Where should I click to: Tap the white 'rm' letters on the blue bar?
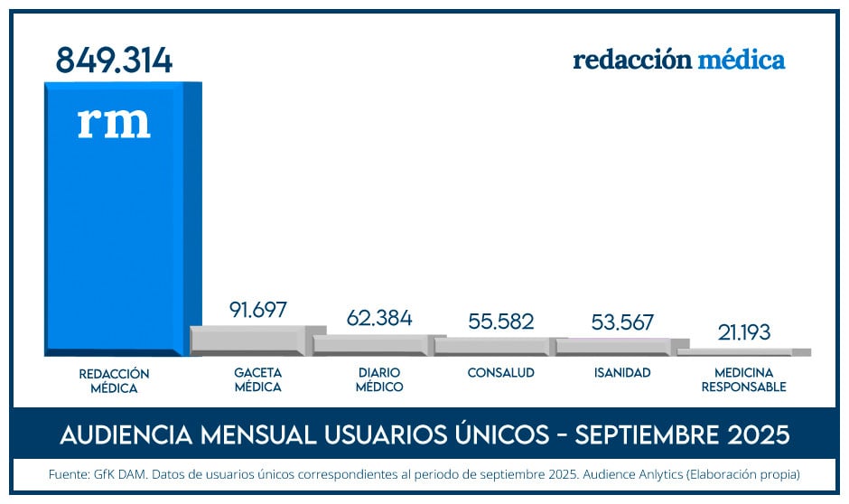coord(114,123)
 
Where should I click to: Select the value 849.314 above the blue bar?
coord(114,60)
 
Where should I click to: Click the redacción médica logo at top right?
coord(678,61)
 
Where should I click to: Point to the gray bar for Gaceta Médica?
coord(253,341)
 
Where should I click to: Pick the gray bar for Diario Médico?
coord(374,345)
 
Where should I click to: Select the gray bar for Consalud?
coord(495,346)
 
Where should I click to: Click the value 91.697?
coord(257,310)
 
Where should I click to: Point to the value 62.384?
coord(379,318)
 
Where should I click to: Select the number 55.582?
coord(501,322)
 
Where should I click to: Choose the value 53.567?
coord(623,322)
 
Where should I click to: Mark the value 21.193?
coord(744,332)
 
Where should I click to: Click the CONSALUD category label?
coord(500,373)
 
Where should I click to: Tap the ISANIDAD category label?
coord(622,373)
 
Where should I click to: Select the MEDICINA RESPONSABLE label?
coord(743,380)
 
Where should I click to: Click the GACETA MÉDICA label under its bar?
coord(257,380)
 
